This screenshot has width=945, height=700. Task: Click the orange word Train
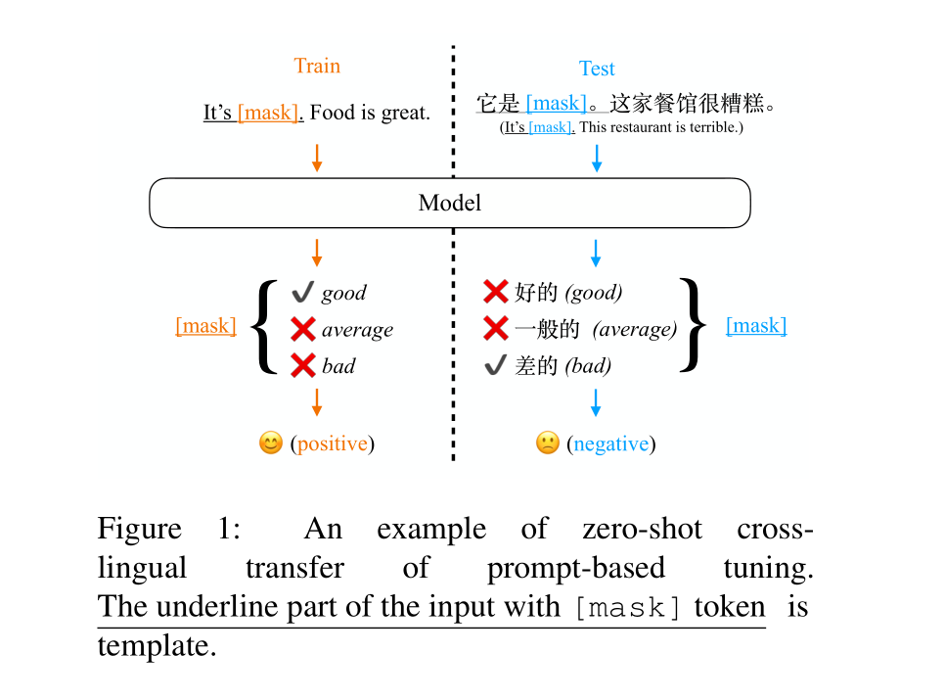tap(317, 67)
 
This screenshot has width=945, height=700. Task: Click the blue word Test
tap(597, 69)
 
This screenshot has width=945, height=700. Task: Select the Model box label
tap(450, 204)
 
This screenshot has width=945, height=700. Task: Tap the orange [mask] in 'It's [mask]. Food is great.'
tap(270, 113)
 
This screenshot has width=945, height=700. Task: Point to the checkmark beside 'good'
tap(302, 292)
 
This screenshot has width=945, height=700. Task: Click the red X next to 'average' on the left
tap(303, 329)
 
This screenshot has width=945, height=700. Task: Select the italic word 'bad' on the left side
tap(338, 366)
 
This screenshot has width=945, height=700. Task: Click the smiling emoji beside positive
tap(270, 443)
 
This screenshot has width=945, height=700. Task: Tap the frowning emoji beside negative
tap(547, 443)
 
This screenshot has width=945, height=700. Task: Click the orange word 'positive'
tap(333, 443)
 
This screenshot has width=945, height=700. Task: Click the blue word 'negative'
tap(610, 444)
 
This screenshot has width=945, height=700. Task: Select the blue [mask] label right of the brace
tap(756, 326)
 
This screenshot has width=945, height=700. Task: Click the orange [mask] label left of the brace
tap(205, 326)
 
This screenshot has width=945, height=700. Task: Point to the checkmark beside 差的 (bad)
tap(495, 366)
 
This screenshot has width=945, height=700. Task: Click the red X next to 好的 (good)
tap(496, 292)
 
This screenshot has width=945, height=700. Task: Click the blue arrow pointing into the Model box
tap(597, 158)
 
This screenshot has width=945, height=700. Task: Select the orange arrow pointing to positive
tap(316, 401)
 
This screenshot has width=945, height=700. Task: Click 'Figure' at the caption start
tap(139, 530)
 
